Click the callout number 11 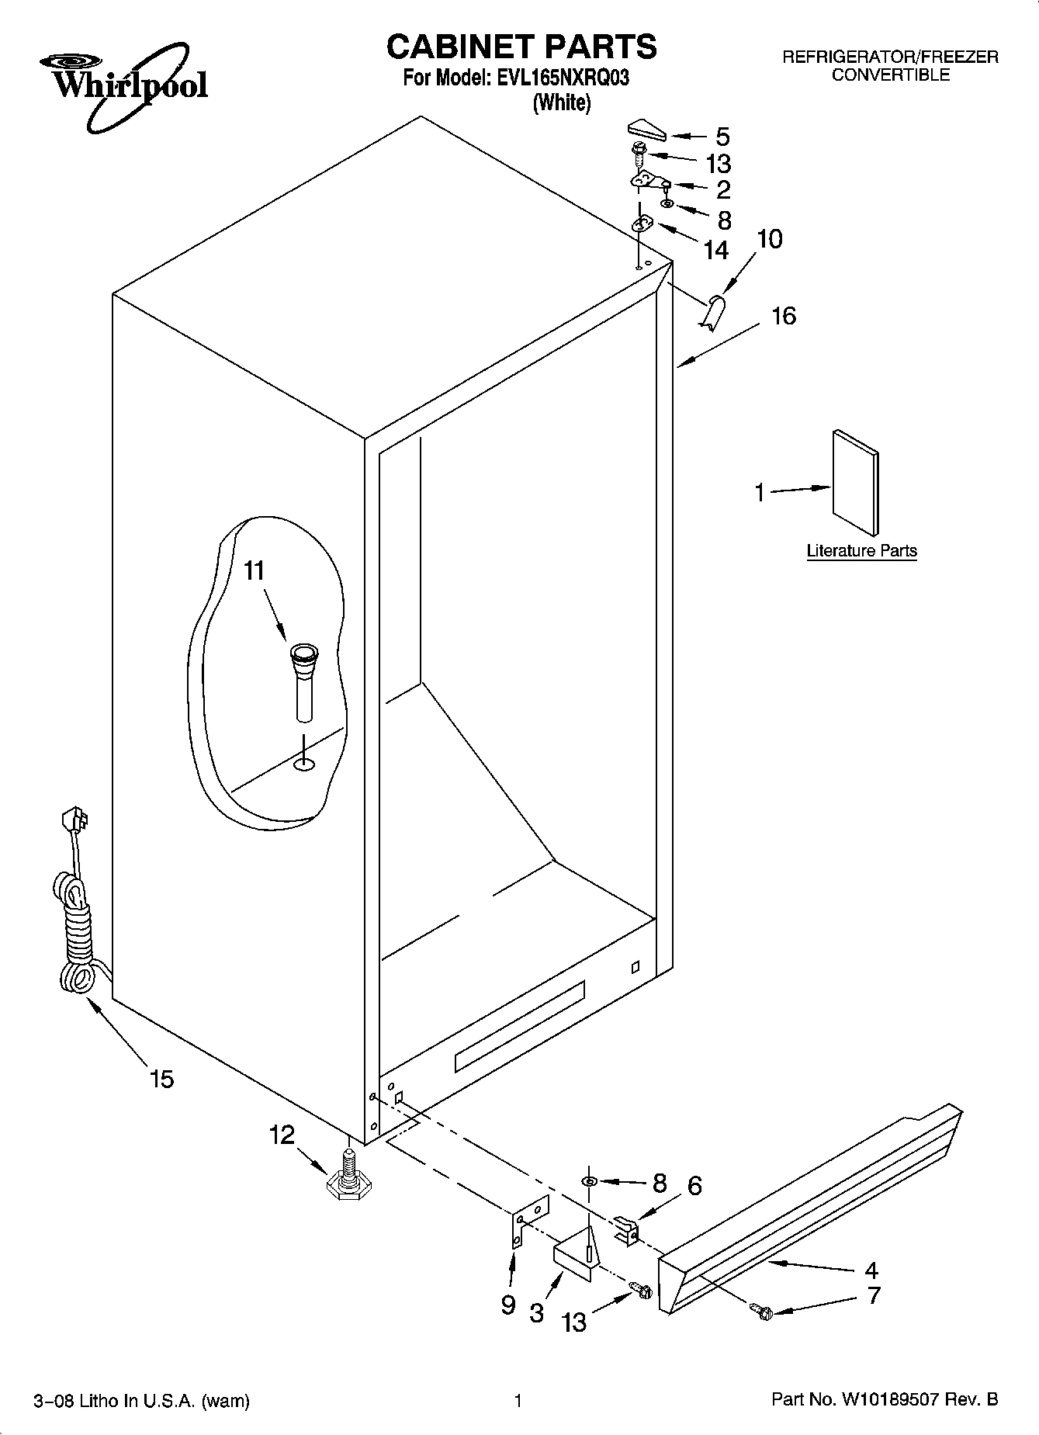(255, 571)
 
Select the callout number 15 (162, 1079)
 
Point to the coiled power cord (76, 924)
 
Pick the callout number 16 (784, 316)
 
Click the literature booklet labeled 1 (856, 483)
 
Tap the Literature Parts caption (861, 551)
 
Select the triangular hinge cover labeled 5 (646, 130)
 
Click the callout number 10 (769, 239)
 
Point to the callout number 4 (871, 1270)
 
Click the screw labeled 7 (762, 1311)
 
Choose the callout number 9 (507, 1305)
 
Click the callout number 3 (536, 1313)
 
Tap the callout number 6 (694, 1185)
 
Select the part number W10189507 (888, 1400)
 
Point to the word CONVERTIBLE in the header (890, 75)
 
